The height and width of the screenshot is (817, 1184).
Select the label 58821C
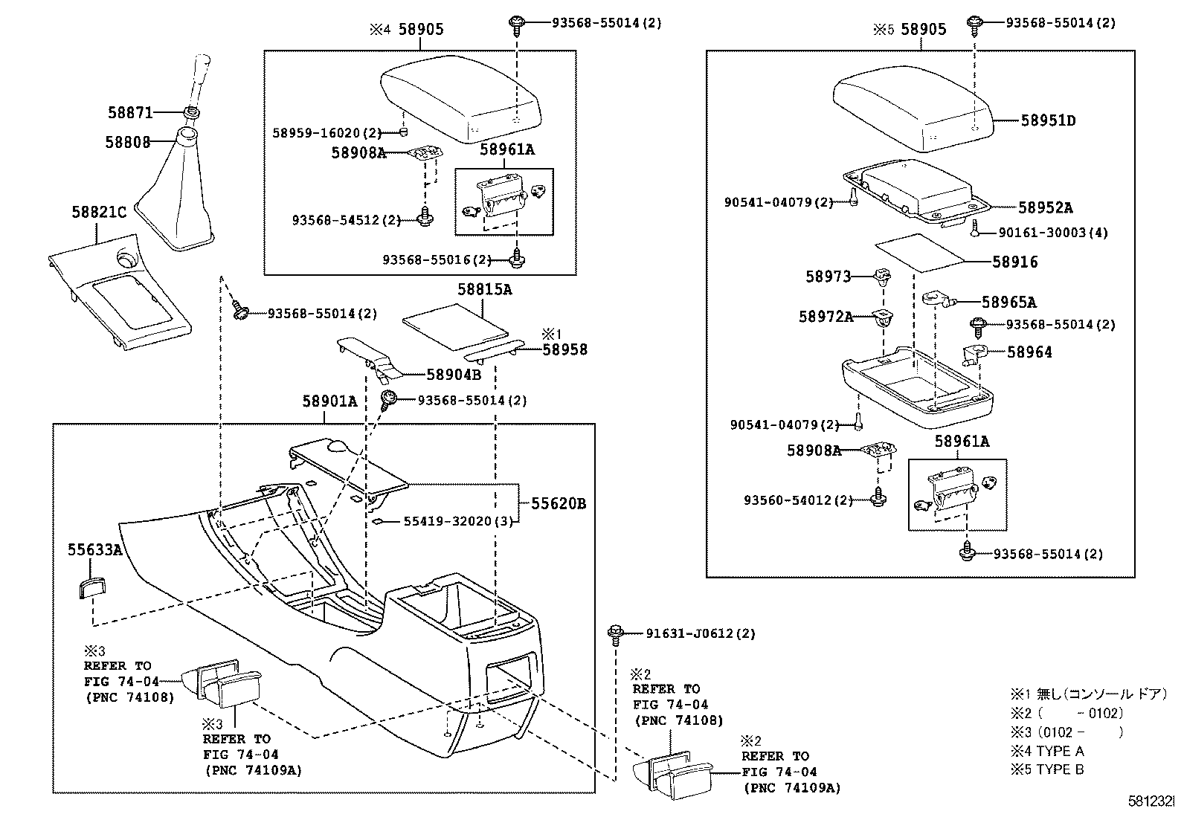[99, 212]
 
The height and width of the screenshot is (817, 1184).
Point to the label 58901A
[329, 401]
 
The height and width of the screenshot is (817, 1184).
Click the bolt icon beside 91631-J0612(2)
[616, 633]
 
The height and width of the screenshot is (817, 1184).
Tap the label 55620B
[558, 503]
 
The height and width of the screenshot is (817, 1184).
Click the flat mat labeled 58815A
[454, 323]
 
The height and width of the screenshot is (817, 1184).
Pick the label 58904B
[453, 375]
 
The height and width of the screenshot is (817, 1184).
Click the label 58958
[564, 349]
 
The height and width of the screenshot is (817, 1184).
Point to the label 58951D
[1048, 120]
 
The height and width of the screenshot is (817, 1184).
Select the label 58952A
[1045, 208]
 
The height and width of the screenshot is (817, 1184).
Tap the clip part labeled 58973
[883, 277]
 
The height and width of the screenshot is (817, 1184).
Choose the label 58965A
[1008, 302]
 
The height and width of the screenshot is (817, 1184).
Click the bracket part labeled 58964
[974, 355]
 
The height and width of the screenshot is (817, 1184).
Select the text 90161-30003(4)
[1052, 233]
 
